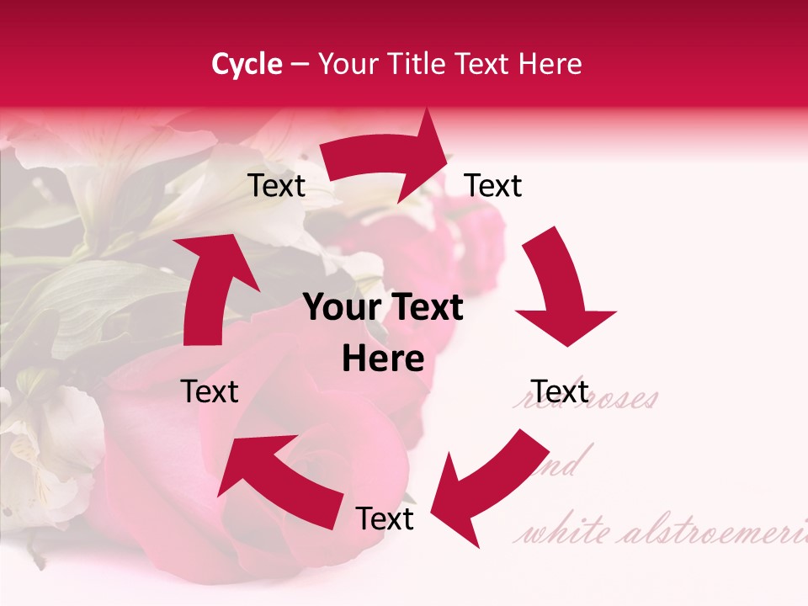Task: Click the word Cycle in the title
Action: click(x=247, y=64)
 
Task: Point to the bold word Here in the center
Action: click(x=383, y=359)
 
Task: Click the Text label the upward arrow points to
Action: click(x=276, y=185)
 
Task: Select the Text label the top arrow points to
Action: click(x=493, y=185)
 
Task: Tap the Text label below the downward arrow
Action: click(x=560, y=391)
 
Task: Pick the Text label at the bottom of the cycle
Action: click(x=385, y=518)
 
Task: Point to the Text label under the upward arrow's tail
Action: click(x=210, y=391)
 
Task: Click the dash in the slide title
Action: click(x=300, y=64)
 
